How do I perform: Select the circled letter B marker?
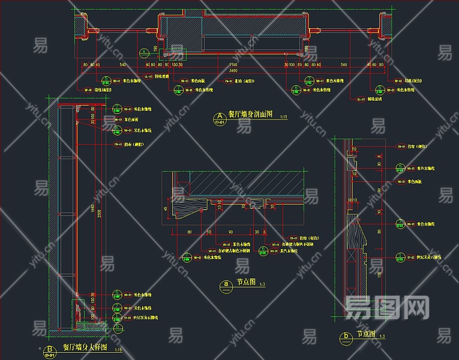tap(48, 349)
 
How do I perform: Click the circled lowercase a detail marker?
tap(226, 284)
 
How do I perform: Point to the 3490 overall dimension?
tap(232, 71)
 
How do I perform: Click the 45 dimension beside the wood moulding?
tap(166, 208)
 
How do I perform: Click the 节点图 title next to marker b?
tap(366, 334)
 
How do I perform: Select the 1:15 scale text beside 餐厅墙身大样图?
tap(118, 349)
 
